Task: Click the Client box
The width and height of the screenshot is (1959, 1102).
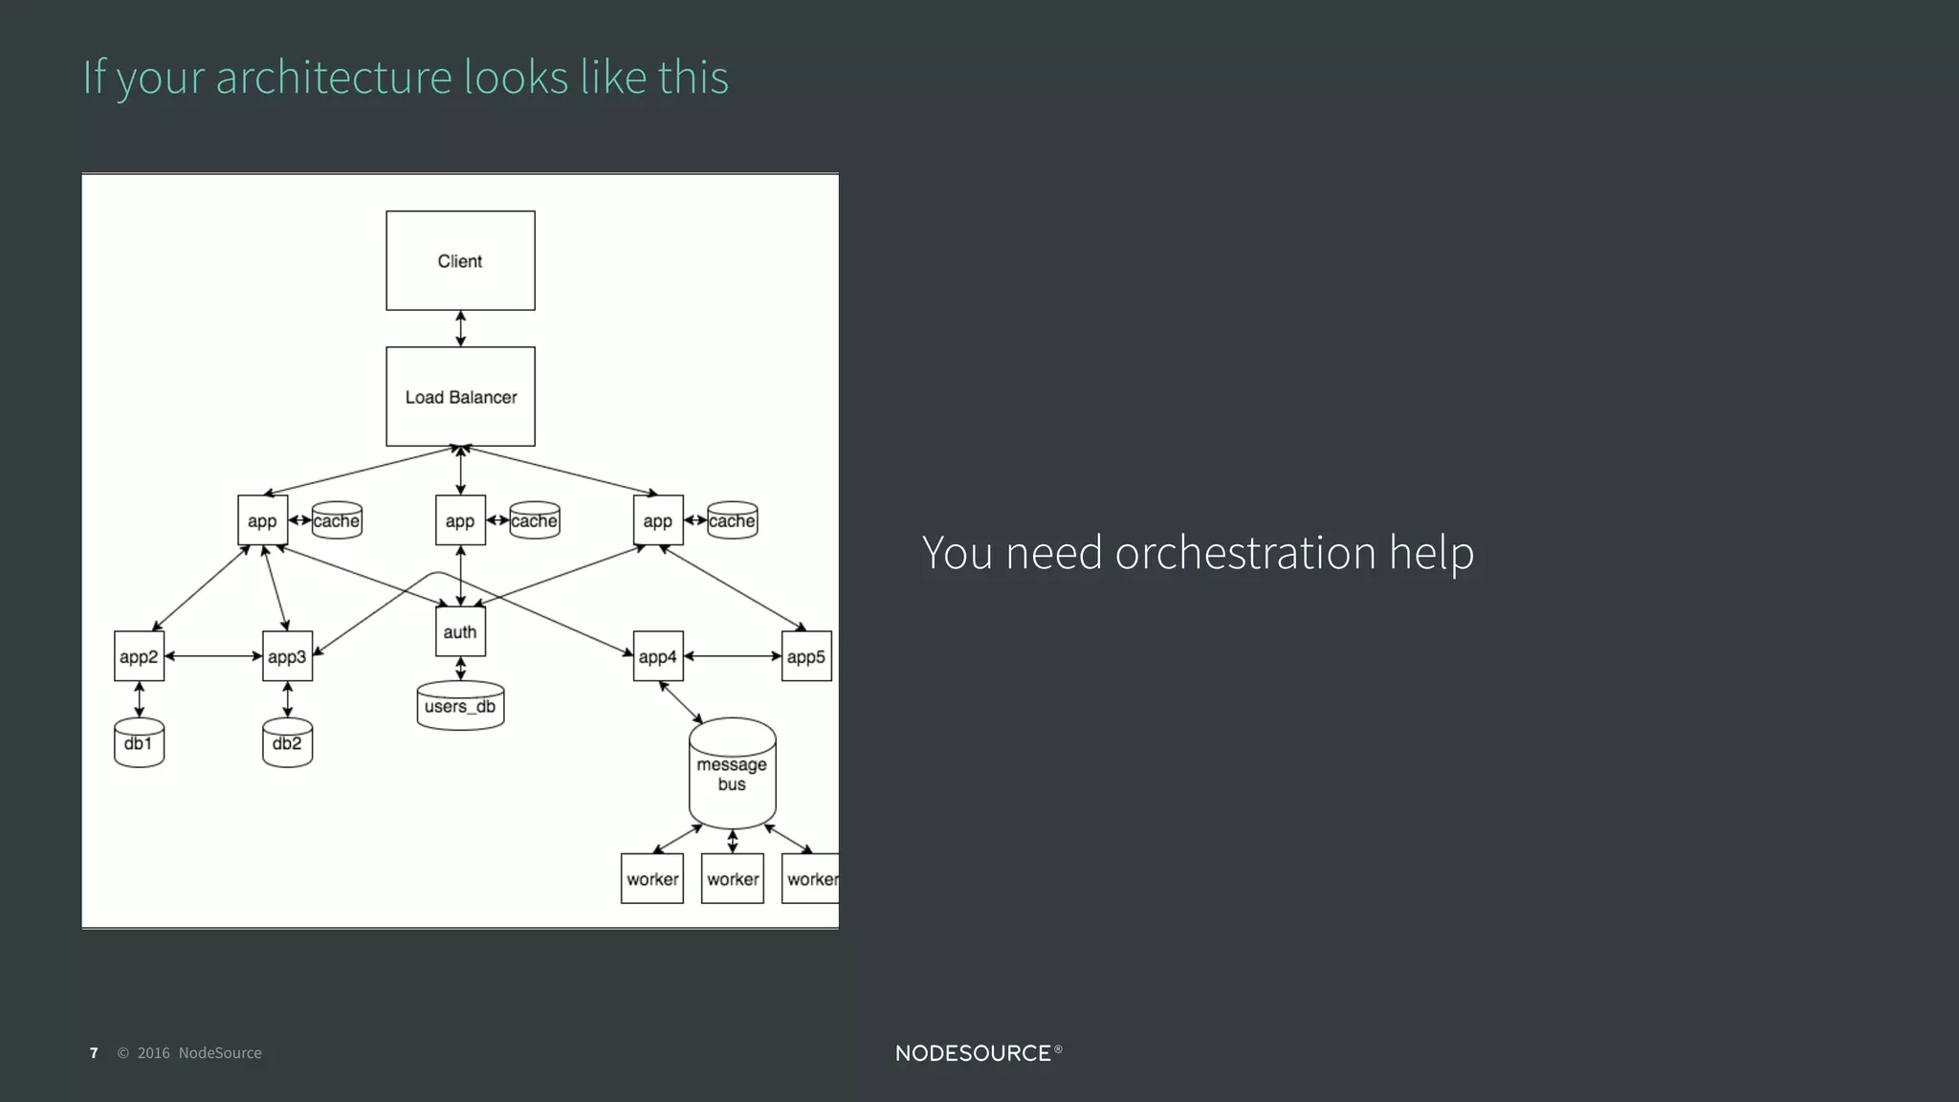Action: (460, 260)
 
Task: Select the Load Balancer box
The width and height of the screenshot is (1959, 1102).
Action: (460, 396)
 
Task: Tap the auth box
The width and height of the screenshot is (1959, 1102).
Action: (460, 631)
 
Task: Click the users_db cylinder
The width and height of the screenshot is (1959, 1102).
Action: (460, 706)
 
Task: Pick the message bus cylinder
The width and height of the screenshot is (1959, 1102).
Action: (732, 773)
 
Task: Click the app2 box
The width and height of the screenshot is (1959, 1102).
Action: (139, 656)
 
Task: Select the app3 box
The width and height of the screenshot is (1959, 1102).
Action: (287, 656)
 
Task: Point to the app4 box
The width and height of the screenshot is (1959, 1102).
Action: (658, 656)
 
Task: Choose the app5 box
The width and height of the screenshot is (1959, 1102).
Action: (806, 656)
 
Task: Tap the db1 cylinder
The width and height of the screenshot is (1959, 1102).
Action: (139, 743)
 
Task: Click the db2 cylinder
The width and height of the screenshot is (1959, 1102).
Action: (287, 743)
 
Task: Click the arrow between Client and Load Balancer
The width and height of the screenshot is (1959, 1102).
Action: (460, 328)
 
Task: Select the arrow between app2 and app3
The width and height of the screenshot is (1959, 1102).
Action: (213, 656)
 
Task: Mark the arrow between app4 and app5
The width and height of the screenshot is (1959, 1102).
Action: (733, 656)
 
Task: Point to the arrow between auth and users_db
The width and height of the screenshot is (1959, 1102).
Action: (460, 668)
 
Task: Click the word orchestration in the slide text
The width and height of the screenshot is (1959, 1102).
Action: (1245, 553)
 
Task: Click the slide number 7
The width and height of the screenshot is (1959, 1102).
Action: (94, 1053)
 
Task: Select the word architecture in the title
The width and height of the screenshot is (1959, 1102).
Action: (334, 77)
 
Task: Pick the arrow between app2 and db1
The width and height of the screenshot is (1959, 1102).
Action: (139, 699)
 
